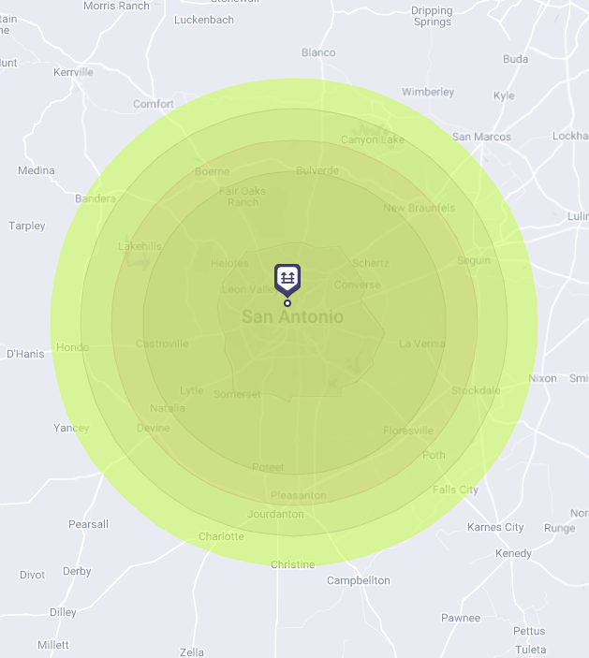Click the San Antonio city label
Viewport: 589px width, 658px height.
[x=292, y=317]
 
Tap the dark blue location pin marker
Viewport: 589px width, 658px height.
[x=287, y=279]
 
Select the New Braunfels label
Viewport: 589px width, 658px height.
[x=419, y=208]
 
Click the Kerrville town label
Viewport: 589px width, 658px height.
[x=74, y=72]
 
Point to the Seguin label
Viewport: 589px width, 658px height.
[x=474, y=260]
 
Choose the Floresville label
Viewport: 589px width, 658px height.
[x=408, y=431]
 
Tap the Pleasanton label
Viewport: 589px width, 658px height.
[x=298, y=495]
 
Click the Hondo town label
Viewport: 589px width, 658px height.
[x=72, y=347]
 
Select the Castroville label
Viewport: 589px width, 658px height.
[x=162, y=344]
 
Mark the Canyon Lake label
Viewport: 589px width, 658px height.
[x=373, y=140]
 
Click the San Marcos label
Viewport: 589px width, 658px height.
[x=481, y=137]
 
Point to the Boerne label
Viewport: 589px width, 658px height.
[x=212, y=171]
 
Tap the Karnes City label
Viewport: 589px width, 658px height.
[x=495, y=527]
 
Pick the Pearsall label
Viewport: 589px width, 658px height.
[x=88, y=524]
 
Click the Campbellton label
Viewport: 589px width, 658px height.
[x=358, y=580]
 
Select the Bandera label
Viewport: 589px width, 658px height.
[x=95, y=198]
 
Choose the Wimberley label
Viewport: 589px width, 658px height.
[x=428, y=92]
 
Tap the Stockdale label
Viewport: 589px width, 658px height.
[x=476, y=390]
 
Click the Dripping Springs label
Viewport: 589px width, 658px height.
[x=432, y=17]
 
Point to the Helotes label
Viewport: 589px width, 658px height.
[x=230, y=264]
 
